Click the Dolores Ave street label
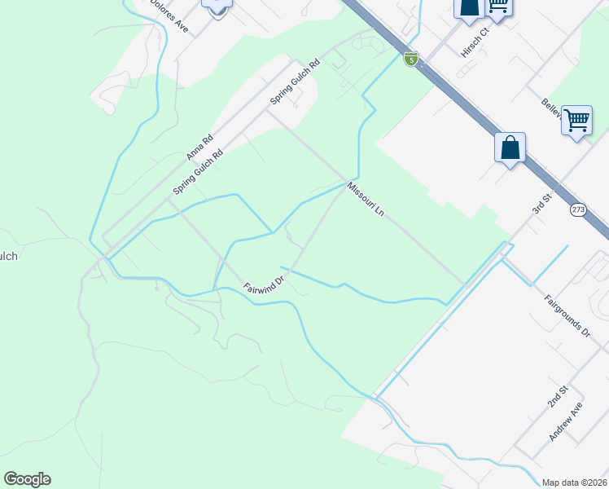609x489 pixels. (170, 15)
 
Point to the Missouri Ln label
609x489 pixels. (366, 199)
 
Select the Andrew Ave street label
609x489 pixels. (566, 421)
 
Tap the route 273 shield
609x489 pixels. (578, 209)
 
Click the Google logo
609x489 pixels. (27, 479)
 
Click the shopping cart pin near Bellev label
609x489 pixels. (576, 121)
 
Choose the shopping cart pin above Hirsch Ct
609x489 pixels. (497, 7)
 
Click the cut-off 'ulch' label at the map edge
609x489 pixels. (8, 256)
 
